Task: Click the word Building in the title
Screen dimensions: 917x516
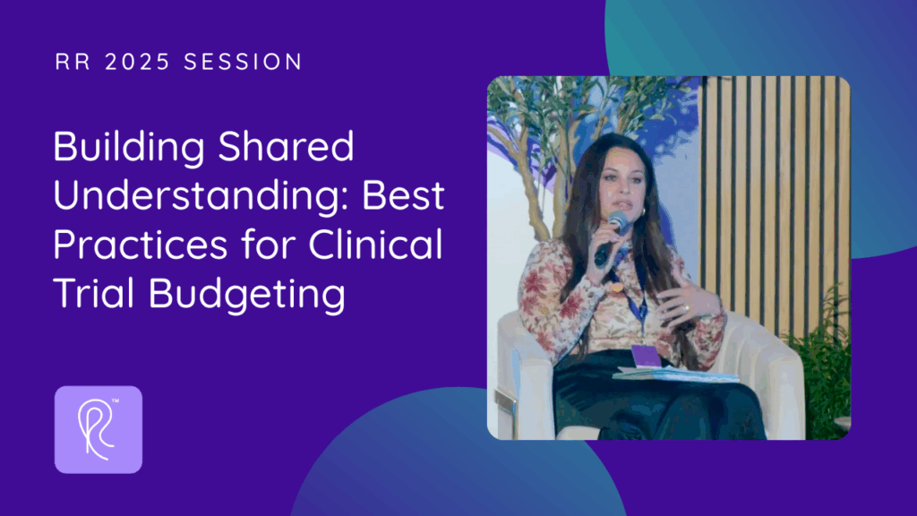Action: pos(129,147)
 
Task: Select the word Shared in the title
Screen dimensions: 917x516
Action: pos(286,146)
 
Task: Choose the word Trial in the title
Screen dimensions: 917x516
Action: pos(94,293)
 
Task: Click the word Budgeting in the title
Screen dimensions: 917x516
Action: pos(247,294)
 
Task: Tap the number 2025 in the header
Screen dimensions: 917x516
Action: pos(137,62)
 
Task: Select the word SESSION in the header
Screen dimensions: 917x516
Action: pos(243,62)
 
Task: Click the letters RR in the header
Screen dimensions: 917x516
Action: pos(73,62)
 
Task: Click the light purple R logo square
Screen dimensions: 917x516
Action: pos(99,429)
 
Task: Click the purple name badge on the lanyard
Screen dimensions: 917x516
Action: pos(646,356)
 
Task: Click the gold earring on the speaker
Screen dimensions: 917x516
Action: pos(643,210)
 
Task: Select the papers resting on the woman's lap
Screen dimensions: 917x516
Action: pos(675,374)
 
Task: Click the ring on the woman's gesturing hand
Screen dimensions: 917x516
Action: pos(687,307)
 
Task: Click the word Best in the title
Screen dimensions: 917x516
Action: pos(404,196)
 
